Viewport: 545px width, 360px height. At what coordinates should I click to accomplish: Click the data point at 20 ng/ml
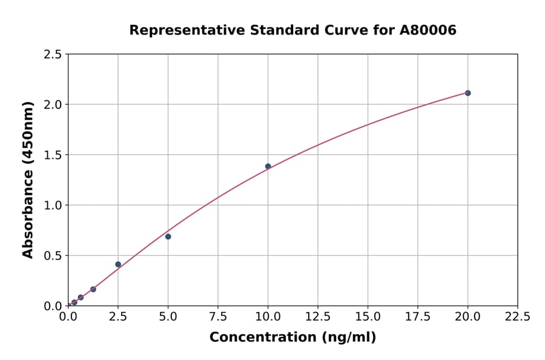467,93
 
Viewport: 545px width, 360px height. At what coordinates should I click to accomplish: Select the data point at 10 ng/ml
268,166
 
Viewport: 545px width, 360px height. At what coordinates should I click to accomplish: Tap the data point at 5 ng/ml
168,236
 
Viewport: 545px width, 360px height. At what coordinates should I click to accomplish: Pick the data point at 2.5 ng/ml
118,264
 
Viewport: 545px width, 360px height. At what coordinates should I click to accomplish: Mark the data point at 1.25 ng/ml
93,289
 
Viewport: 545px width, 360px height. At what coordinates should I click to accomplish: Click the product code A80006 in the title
428,30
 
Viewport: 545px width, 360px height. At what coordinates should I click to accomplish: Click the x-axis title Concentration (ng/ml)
292,338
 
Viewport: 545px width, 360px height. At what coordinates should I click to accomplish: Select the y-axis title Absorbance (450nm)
28,179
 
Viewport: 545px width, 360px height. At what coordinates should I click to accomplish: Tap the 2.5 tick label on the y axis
53,55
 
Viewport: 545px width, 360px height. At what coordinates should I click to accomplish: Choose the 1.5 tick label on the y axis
53,155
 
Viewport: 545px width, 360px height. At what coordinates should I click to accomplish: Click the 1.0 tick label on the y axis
53,205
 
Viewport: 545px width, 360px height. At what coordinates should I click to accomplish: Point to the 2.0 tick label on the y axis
53,105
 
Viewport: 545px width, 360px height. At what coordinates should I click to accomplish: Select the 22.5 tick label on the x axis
518,317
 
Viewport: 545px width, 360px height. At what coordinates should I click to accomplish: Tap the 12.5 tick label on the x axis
318,317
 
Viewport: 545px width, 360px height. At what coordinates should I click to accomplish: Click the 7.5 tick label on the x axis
218,317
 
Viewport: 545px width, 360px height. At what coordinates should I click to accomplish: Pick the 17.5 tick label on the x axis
418,317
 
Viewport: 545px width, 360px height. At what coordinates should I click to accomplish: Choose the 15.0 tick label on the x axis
368,317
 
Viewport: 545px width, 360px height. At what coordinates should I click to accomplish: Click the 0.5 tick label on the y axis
53,256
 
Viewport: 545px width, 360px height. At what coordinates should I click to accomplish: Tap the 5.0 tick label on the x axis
168,317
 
